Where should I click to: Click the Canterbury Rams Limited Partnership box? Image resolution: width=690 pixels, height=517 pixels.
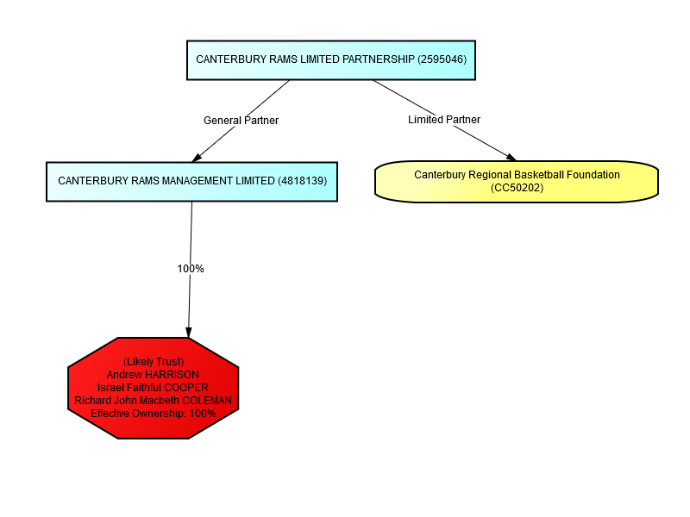[331, 60]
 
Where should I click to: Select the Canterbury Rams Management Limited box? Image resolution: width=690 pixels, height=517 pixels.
[191, 182]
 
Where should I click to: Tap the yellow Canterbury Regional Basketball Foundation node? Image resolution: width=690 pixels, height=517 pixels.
[517, 182]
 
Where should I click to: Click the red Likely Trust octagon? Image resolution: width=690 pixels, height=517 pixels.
[154, 388]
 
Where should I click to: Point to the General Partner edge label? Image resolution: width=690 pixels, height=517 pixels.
[241, 121]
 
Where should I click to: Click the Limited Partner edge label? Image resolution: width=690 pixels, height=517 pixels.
[444, 120]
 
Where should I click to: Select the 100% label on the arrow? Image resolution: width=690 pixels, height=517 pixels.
[191, 269]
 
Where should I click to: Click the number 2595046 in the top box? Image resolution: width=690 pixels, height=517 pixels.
[442, 59]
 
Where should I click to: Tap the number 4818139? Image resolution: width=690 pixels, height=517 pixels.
[303, 181]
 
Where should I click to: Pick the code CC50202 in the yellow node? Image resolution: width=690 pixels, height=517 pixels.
[517, 188]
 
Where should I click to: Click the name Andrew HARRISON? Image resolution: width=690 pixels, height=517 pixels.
[153, 375]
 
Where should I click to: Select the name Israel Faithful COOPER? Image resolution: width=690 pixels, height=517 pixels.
[153, 388]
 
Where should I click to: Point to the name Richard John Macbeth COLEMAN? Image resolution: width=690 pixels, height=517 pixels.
[154, 401]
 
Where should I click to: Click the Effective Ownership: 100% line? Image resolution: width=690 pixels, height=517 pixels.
[154, 414]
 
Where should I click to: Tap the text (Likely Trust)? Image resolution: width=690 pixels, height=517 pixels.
[154, 362]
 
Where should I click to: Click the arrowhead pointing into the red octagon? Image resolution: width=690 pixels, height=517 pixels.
[189, 333]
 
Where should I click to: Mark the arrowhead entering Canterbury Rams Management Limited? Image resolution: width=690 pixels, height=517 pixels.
[197, 158]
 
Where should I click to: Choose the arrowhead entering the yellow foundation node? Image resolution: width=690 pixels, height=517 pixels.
[511, 158]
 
